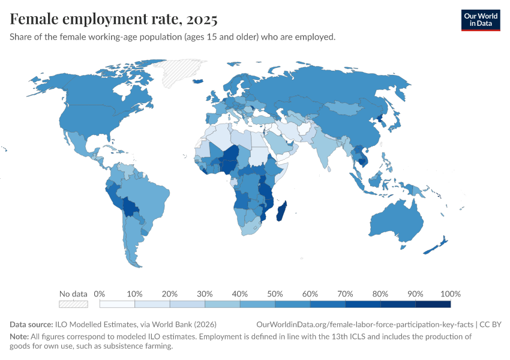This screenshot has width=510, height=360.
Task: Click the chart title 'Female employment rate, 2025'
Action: coord(113,19)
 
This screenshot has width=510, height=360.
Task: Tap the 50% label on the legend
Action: coord(274,294)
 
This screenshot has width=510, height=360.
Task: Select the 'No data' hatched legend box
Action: coord(73,304)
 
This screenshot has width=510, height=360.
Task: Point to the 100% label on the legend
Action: coord(450,294)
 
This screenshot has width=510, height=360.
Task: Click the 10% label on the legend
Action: coord(134,294)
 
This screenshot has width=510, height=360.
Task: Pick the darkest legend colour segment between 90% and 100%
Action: coord(433,304)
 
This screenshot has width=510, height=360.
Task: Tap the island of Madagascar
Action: coord(283,212)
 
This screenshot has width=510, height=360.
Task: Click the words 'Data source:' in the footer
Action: coord(31,324)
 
